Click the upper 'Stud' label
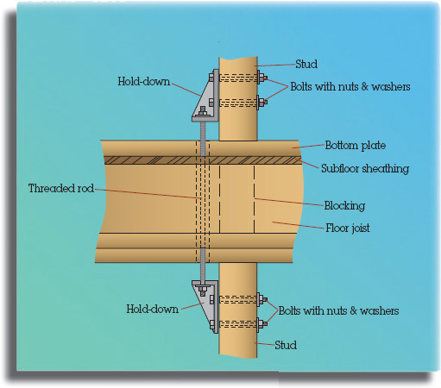306,64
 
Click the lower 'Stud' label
286,345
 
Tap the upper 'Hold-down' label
144,81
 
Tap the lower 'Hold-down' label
153,310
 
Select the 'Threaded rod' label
61,189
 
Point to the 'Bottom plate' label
356,146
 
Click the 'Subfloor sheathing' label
365,169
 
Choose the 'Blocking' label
344,206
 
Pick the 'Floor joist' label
348,228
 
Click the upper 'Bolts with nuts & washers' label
350,87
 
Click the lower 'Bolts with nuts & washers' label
338,311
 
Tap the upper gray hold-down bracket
205,97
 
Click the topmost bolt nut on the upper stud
262,78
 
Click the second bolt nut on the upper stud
262,102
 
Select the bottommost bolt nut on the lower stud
262,324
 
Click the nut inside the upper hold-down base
203,110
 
